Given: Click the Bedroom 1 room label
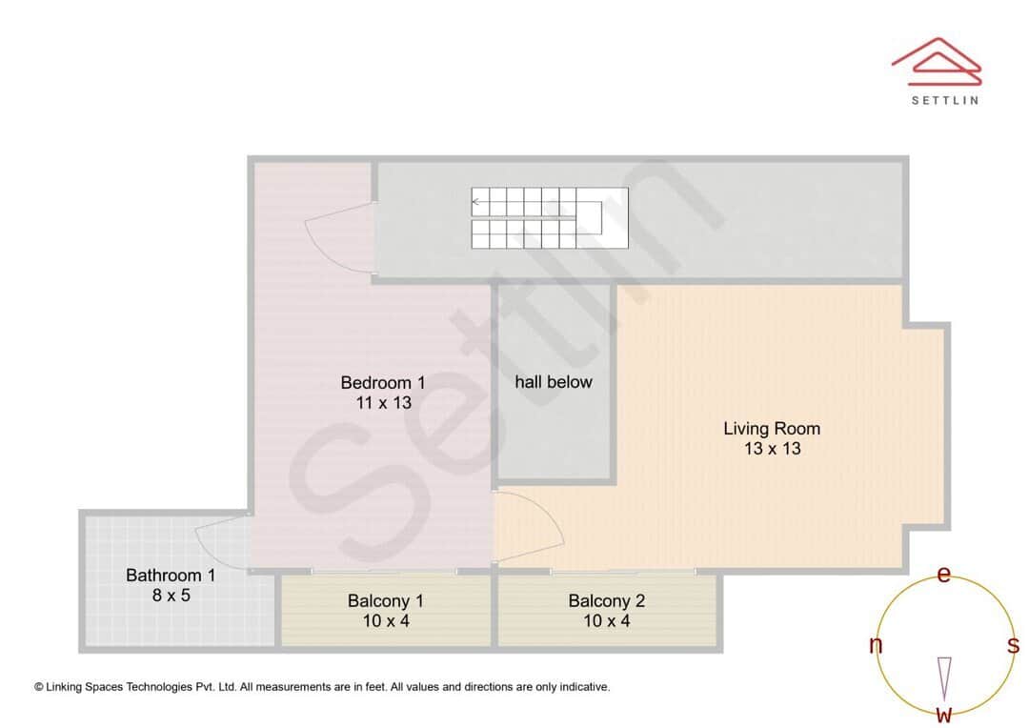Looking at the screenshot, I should (x=382, y=383).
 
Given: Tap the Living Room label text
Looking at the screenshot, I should (x=771, y=429).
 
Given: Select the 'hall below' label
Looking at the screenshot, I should (x=553, y=382).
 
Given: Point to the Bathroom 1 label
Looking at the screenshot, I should (x=171, y=576).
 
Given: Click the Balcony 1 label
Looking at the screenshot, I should (x=385, y=601).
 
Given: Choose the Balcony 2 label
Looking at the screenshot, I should (x=606, y=601).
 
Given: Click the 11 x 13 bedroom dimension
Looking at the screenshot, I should (x=382, y=403).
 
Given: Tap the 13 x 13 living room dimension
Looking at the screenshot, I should (x=772, y=449).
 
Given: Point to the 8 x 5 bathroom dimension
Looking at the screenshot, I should (x=171, y=595).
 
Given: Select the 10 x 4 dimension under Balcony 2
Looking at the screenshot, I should (x=606, y=621).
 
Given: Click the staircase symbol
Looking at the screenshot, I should (x=550, y=218).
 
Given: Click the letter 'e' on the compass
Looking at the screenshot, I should (x=943, y=575).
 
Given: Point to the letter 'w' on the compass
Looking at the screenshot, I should (x=943, y=715).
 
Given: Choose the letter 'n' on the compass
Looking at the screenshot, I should (x=876, y=646).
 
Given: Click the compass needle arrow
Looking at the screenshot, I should (x=943, y=677).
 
